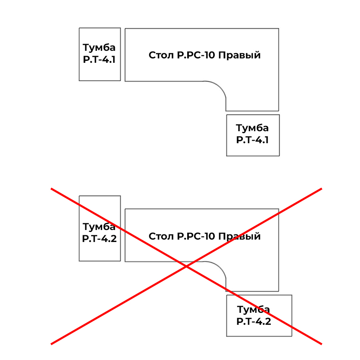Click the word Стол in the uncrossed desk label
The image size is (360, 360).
[x=161, y=55]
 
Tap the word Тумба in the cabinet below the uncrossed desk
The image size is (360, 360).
[x=252, y=128]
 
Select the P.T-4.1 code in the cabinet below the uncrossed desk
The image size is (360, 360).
[x=252, y=140]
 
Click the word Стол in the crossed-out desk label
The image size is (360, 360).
[x=161, y=236]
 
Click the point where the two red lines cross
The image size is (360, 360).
[x=186, y=266]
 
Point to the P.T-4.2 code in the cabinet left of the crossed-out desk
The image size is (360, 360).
[x=99, y=239]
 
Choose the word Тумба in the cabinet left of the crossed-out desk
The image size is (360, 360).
[x=99, y=227]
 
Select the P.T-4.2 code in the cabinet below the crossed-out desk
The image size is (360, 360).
[x=254, y=322]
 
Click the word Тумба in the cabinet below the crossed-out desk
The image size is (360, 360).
[x=254, y=310]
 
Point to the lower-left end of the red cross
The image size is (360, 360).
[x=52, y=343]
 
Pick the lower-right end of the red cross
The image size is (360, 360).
[x=321, y=343]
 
